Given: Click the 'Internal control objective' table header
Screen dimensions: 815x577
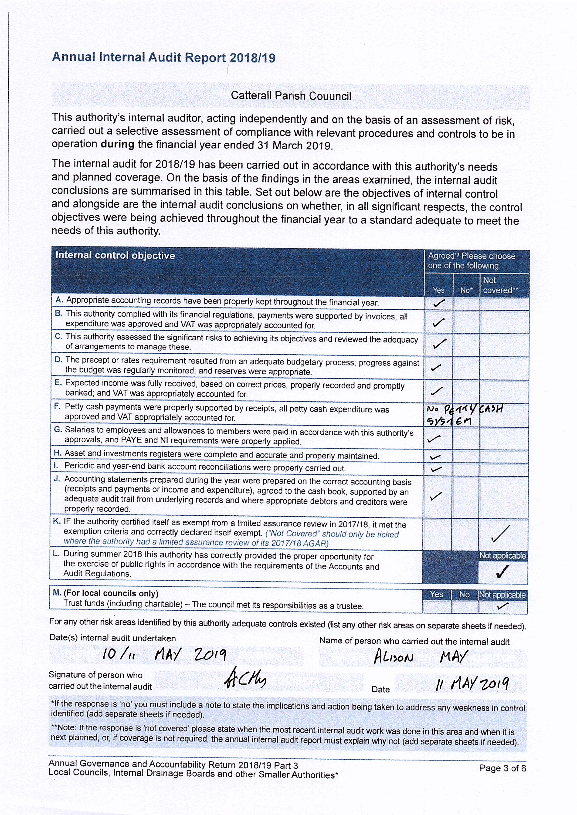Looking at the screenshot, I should [x=115, y=255].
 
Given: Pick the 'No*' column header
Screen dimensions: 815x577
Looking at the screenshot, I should [x=466, y=290].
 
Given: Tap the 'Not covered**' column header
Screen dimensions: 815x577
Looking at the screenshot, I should [x=500, y=285].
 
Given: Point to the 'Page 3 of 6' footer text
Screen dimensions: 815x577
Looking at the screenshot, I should [x=502, y=768].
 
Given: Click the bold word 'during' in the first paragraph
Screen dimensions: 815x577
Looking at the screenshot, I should [x=118, y=144].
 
